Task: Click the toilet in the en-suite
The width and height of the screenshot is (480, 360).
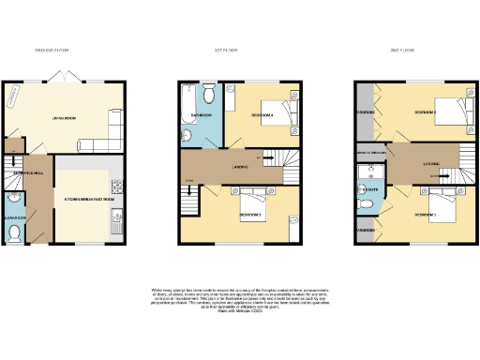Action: pyautogui.click(x=365, y=199)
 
